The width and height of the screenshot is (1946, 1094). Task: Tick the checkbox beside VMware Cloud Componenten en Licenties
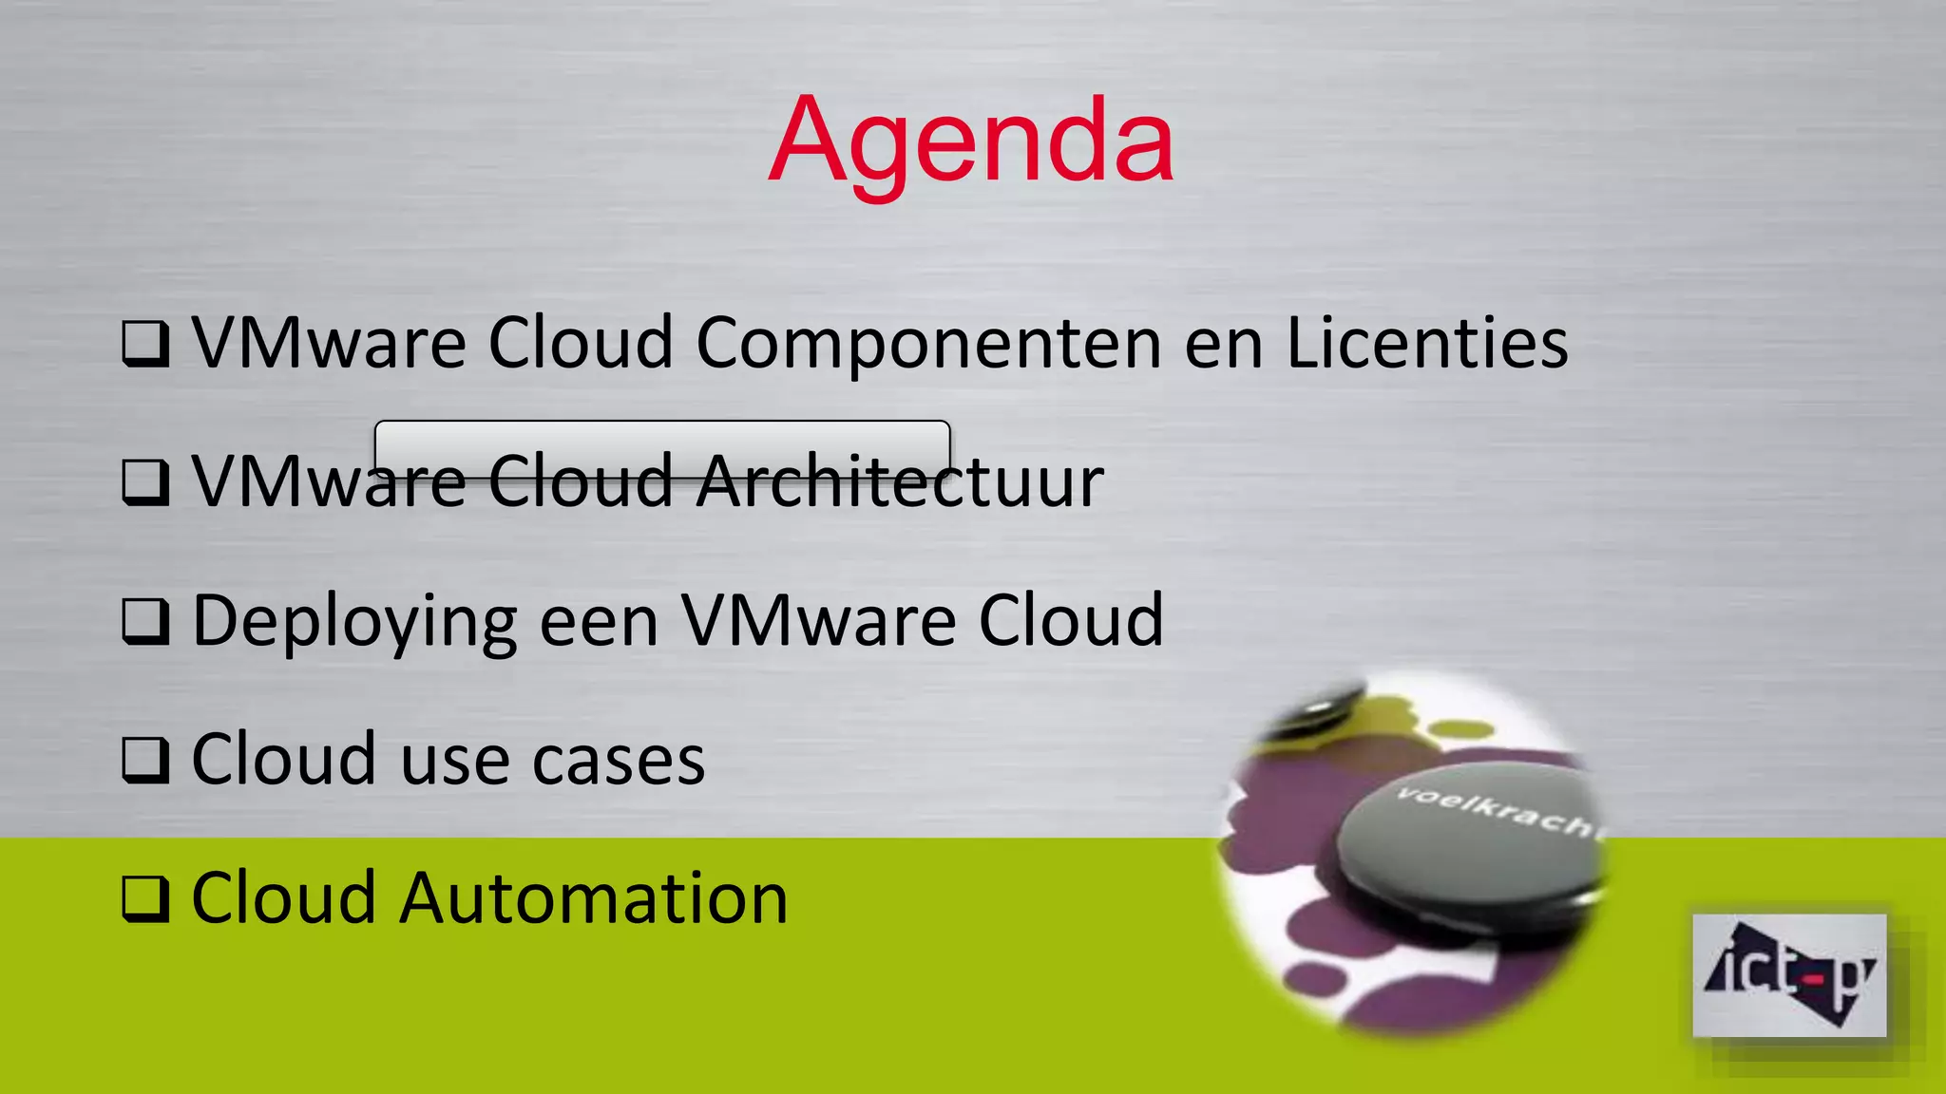[145, 344]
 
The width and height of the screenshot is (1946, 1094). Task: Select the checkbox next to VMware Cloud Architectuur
[145, 482]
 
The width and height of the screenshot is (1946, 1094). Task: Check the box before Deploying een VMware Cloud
[145, 621]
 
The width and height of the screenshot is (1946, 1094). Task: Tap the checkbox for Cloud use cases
[145, 760]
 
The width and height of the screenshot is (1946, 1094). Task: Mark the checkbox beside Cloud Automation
[145, 898]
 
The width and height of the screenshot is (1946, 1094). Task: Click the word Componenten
[928, 344]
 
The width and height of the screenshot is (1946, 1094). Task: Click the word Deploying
[354, 622]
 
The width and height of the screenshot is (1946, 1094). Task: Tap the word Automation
[594, 898]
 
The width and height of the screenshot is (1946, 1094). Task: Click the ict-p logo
[1789, 975]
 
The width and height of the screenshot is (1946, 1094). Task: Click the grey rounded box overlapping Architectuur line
[662, 446]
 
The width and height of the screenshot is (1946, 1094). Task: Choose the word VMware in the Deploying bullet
[818, 621]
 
